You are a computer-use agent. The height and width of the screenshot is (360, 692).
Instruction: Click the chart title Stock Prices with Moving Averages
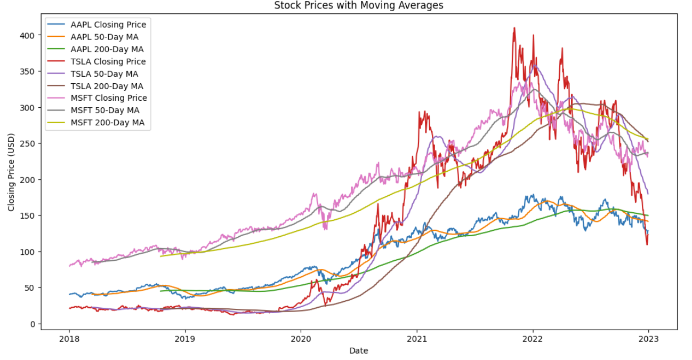358,6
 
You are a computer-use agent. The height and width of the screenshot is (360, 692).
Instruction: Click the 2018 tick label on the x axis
69,339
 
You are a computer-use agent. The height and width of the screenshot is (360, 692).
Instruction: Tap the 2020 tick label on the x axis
301,339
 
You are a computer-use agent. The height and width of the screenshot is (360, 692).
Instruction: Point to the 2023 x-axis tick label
648,339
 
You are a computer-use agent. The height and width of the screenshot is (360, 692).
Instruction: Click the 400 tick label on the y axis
28,35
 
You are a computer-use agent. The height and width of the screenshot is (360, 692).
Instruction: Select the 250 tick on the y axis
28,143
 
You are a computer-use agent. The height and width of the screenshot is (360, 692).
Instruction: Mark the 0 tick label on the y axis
32,324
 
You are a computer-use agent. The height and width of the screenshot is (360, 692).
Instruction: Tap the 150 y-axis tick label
28,215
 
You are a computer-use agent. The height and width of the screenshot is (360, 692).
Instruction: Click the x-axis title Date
358,350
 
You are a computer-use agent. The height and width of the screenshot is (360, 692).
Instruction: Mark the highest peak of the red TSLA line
514,28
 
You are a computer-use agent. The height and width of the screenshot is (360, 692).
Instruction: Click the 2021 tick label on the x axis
416,339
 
